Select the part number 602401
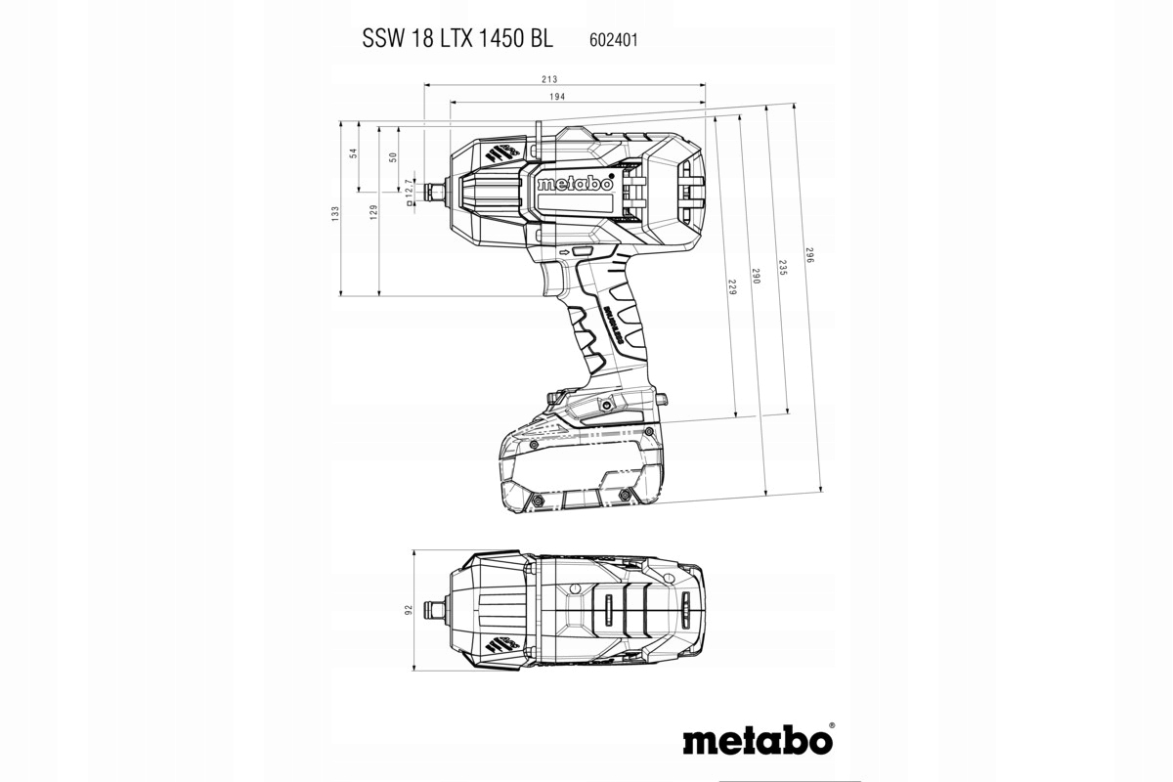click(x=615, y=40)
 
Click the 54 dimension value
click(x=353, y=152)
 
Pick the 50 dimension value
click(x=393, y=156)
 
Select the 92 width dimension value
click(x=409, y=610)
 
